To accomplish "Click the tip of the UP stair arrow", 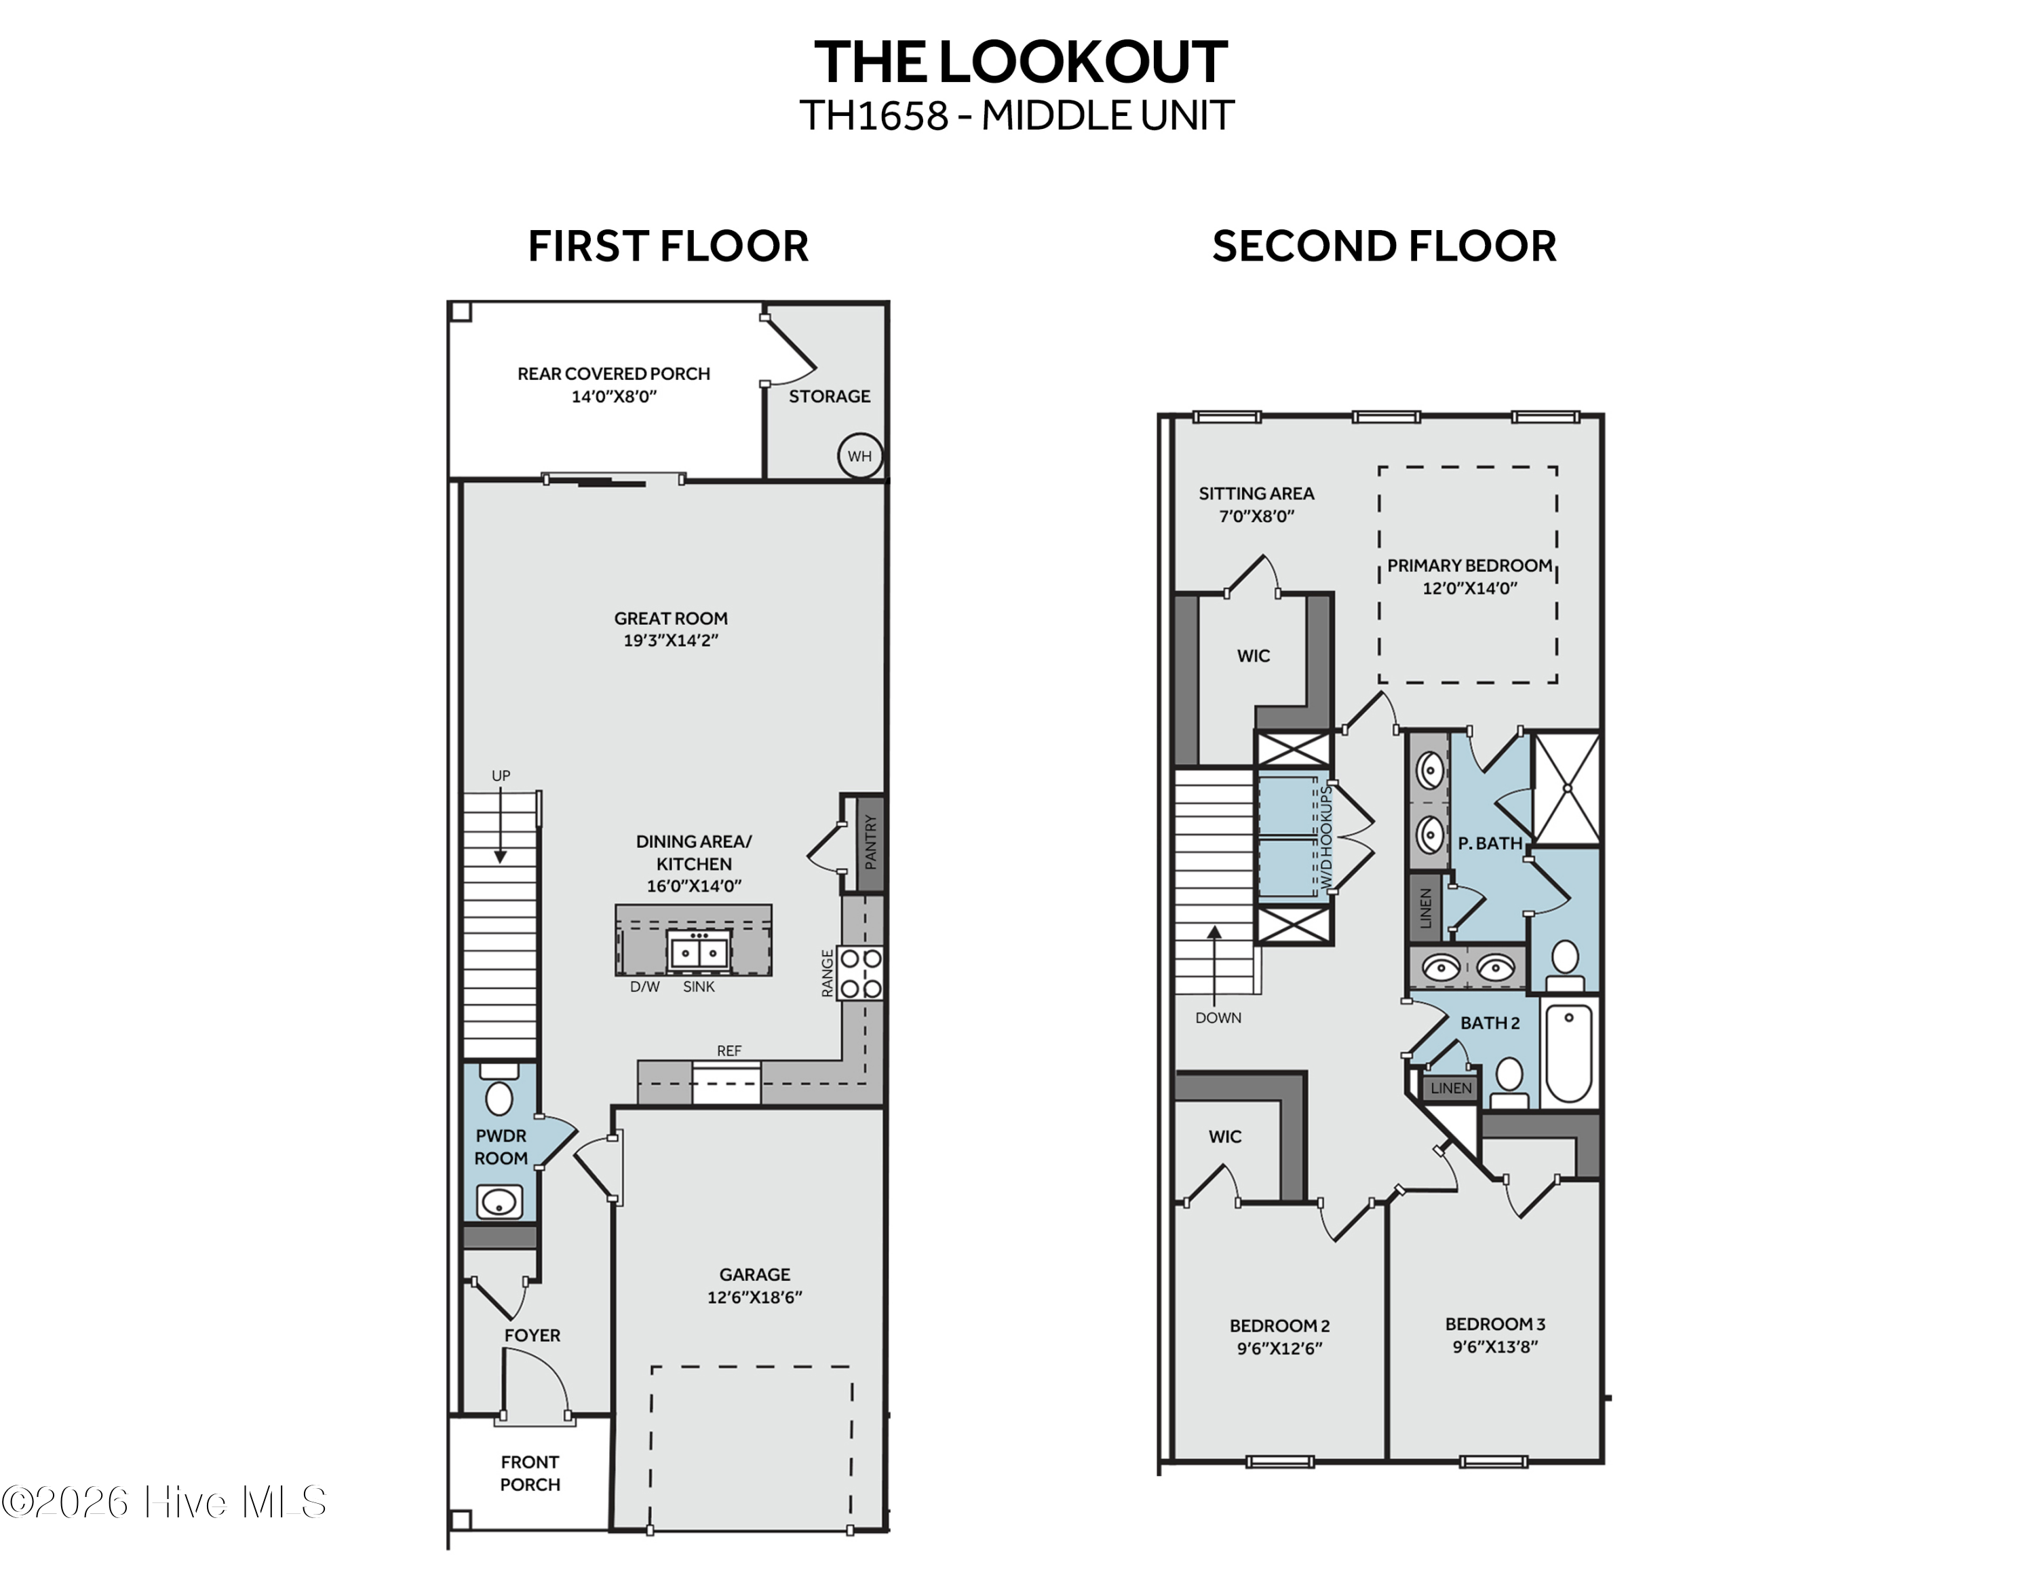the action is click(x=501, y=863).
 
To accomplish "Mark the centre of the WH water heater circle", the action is click(x=859, y=456).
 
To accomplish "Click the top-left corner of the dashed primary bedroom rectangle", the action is click(x=1380, y=468).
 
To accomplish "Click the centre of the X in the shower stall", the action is click(x=1567, y=789).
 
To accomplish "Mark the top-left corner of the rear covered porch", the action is click(x=449, y=303).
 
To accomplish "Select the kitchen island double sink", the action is click(x=699, y=951).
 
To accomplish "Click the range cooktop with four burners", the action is click(x=860, y=973).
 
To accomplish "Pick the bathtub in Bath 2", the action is click(x=1568, y=1052).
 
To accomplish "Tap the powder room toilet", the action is click(x=499, y=1091).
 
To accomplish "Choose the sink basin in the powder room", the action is click(x=499, y=1202).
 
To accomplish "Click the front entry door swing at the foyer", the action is click(x=535, y=1386).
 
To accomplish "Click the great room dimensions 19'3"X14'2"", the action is click(x=671, y=640).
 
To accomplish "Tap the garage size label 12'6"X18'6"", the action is click(x=755, y=1296).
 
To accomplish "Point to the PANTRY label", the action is click(x=870, y=841).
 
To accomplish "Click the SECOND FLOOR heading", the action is click(x=1384, y=246).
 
